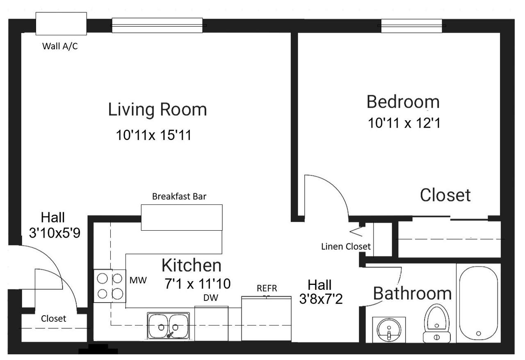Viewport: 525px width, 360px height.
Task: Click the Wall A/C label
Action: click(x=60, y=46)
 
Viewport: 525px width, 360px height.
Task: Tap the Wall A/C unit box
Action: click(x=61, y=24)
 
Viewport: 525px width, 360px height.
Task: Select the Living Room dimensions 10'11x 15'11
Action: click(x=154, y=135)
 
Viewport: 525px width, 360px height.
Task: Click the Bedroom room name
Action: click(x=403, y=102)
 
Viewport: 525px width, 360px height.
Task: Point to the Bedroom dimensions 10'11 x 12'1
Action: click(x=404, y=123)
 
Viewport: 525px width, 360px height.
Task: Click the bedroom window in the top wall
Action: click(x=411, y=26)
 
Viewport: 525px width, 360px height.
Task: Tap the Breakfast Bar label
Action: click(x=179, y=196)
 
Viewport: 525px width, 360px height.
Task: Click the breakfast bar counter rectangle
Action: click(x=182, y=218)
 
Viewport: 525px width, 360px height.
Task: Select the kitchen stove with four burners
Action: click(x=110, y=286)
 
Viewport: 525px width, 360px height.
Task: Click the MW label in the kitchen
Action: click(x=138, y=280)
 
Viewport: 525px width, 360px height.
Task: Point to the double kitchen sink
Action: click(x=168, y=326)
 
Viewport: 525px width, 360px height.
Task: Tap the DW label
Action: click(x=211, y=298)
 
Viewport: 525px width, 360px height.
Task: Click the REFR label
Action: click(x=267, y=288)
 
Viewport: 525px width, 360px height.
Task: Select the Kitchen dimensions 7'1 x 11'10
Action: click(x=197, y=284)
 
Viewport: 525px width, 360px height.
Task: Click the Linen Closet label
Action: click(x=346, y=246)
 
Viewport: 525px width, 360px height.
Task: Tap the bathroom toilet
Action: click(x=437, y=323)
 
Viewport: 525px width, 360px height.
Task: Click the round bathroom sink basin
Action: click(x=389, y=330)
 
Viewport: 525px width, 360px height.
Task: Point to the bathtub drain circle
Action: click(x=479, y=333)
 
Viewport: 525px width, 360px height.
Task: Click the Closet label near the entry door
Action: click(x=53, y=319)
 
